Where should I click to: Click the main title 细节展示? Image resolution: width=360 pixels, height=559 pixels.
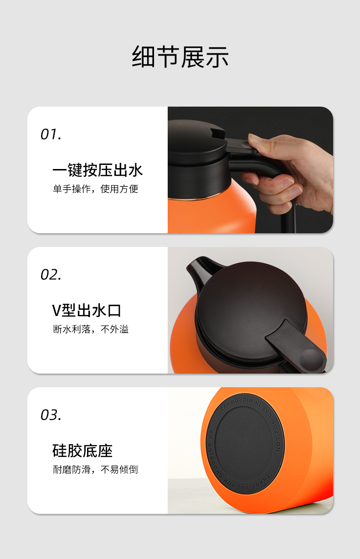coord(180,56)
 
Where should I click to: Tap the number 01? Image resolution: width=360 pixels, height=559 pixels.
coord(51,134)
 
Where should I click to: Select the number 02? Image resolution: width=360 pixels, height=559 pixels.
coord(51,275)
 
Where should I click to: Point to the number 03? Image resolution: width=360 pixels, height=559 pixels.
coord(51,415)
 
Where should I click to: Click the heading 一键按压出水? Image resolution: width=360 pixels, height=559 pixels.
coord(98,170)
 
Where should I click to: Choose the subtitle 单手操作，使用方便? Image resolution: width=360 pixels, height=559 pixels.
coord(95,189)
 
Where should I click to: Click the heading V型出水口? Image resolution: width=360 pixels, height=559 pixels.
coord(87,310)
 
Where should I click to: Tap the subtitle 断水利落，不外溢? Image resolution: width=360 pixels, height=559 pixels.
coord(91,329)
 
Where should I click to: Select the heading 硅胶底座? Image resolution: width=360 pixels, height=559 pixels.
coord(82,451)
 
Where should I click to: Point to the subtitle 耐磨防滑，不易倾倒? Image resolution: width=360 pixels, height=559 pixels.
coord(95,469)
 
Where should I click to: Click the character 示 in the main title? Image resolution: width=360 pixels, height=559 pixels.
coord(217,56)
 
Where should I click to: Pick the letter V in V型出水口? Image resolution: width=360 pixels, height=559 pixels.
coord(57,311)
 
